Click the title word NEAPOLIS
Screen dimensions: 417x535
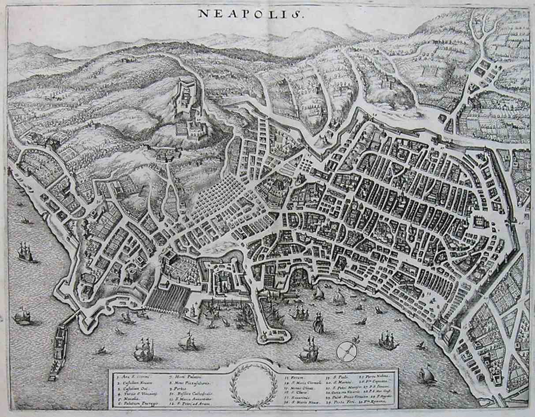click(250, 13)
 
